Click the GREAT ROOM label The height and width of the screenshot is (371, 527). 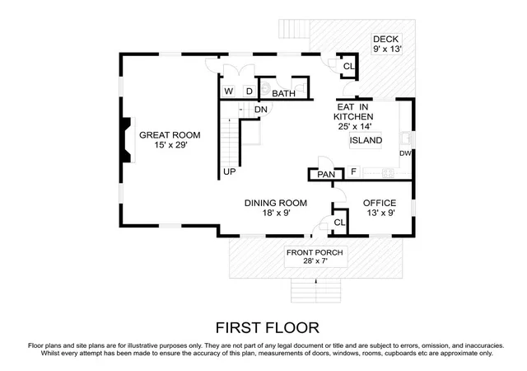[x=170, y=135]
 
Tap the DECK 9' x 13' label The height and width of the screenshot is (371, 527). [x=387, y=44]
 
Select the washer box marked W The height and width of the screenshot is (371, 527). [x=229, y=92]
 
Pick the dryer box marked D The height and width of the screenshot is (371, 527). [x=250, y=92]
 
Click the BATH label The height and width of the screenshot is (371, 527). [x=283, y=93]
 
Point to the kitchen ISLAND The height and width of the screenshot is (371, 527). [x=366, y=140]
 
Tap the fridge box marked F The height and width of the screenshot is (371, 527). [x=353, y=171]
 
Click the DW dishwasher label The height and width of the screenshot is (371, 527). [x=405, y=153]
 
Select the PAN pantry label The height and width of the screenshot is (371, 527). [x=326, y=175]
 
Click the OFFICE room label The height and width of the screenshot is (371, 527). [x=380, y=203]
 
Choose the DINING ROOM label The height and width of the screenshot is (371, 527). [x=276, y=203]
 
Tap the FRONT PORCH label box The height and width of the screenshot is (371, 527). [x=315, y=257]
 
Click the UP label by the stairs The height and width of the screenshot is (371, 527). [x=230, y=171]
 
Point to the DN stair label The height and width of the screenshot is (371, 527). [x=261, y=110]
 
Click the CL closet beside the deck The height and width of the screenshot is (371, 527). [x=348, y=66]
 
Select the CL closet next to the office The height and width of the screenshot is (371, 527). [x=339, y=223]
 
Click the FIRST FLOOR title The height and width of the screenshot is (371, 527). [x=267, y=327]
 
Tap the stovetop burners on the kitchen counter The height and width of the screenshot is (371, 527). [x=388, y=173]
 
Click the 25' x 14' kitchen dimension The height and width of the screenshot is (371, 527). [x=355, y=127]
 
